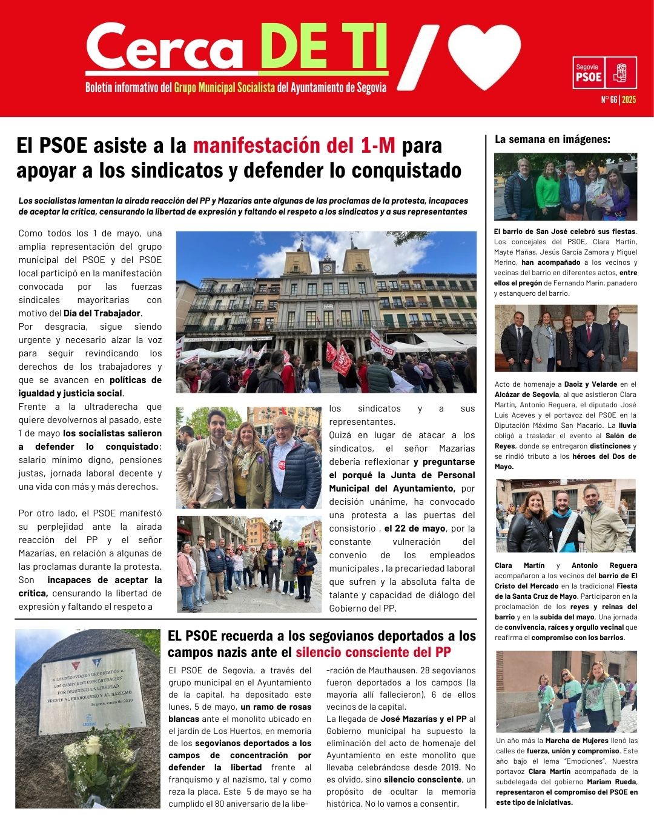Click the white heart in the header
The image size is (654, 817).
coord(484,56)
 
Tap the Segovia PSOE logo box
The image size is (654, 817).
coord(604,73)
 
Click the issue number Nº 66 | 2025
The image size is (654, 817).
coord(618,99)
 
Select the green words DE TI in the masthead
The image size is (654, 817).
coord(324,47)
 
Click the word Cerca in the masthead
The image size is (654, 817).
coord(165,48)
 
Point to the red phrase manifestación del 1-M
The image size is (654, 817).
coord(294,145)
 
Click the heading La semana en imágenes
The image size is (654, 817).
coord(552,139)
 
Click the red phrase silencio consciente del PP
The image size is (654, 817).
coord(373,652)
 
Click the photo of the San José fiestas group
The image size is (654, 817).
coord(566,187)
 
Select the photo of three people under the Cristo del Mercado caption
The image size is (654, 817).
coord(566,515)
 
